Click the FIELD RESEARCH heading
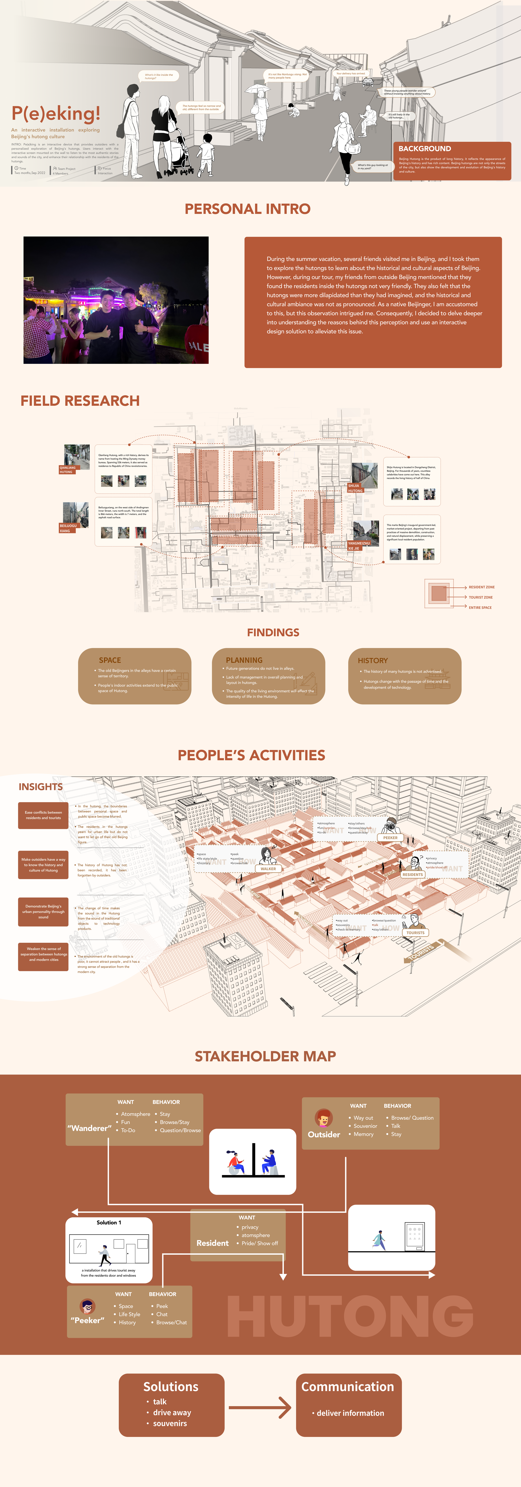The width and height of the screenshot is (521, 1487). pyautogui.click(x=80, y=401)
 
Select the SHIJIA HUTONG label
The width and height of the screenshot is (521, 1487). pyautogui.click(x=355, y=488)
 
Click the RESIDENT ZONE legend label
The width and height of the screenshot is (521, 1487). pyautogui.click(x=481, y=587)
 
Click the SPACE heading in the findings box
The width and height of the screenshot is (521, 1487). pyautogui.click(x=110, y=660)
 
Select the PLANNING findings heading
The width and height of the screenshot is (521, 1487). pyautogui.click(x=244, y=660)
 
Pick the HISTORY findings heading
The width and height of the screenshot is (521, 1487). pyautogui.click(x=373, y=660)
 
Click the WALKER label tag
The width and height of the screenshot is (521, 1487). pyautogui.click(x=268, y=868)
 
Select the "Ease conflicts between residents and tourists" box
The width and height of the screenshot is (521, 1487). pyautogui.click(x=43, y=815)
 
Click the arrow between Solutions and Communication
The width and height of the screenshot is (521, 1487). pyautogui.click(x=260, y=1407)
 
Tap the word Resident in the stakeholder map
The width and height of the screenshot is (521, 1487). pyautogui.click(x=212, y=1243)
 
